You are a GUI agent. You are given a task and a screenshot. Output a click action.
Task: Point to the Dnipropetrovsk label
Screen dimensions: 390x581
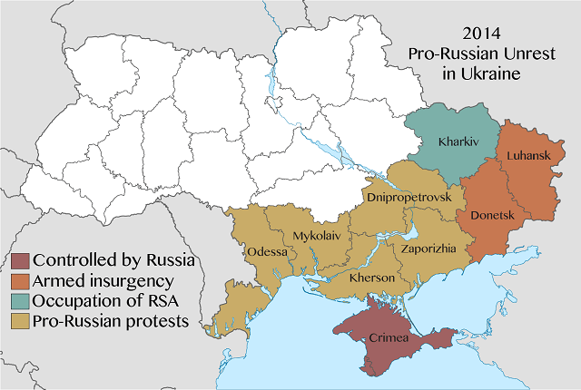pos(408,195)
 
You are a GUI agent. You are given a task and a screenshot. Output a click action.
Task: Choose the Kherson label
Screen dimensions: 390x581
pos(372,277)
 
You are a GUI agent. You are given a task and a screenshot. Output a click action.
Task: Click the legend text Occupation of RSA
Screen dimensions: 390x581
pos(100,300)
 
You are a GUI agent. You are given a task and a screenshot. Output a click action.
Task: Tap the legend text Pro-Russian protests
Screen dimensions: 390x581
pos(110,320)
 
